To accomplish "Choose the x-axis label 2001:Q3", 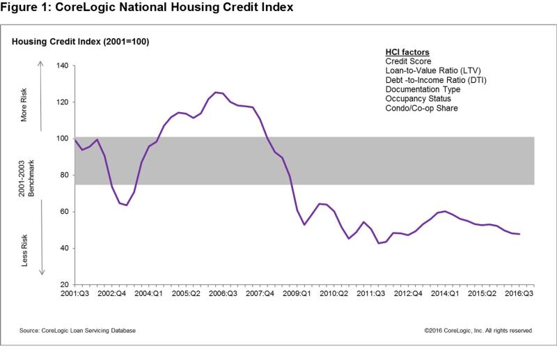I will (x=73, y=295).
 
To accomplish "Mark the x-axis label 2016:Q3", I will (x=519, y=295).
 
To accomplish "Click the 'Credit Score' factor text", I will (x=408, y=61).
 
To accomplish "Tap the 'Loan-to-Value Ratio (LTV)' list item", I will (x=433, y=70).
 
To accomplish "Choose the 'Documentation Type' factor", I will (x=423, y=89).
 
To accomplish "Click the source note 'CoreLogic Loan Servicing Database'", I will (x=72, y=330).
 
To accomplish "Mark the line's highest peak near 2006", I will (x=216, y=92).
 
